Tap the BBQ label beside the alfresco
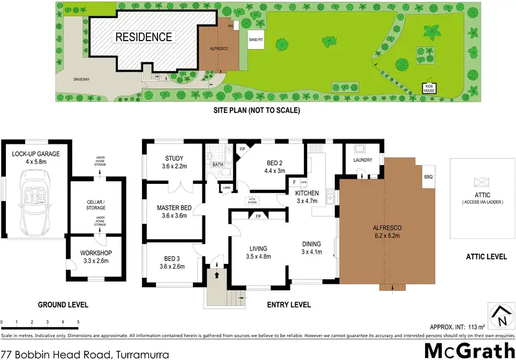pyautogui.click(x=428, y=176)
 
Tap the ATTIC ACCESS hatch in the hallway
pyautogui.click(x=252, y=201)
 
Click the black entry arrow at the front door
pyautogui.click(x=217, y=274)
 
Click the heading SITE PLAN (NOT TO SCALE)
pyautogui.click(x=257, y=110)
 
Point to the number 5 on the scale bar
pyautogui.click(x=78, y=321)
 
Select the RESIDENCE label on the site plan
pyautogui.click(x=144, y=37)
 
